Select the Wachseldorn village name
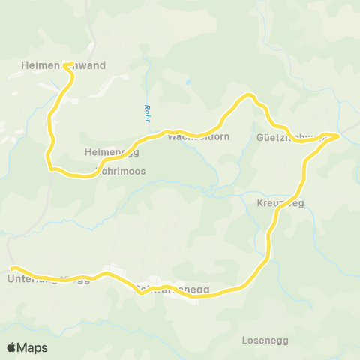pos(198,137)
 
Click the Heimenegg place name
pos(112,152)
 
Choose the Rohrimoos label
pos(120,171)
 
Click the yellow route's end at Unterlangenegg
pos(12,267)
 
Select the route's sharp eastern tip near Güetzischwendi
pos(339,136)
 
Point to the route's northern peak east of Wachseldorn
pos(250,95)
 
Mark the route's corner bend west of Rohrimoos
pos(49,166)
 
